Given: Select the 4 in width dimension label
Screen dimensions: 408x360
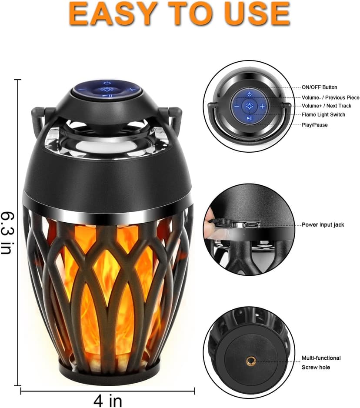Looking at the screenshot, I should pyautogui.click(x=108, y=400).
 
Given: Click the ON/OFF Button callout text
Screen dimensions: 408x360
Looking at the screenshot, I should pyautogui.click(x=320, y=87).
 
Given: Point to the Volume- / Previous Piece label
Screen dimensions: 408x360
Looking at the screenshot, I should pyautogui.click(x=330, y=97).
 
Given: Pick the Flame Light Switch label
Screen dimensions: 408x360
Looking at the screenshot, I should pyautogui.click(x=323, y=115).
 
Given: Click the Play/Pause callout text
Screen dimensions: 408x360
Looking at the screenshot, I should pyautogui.click(x=315, y=125).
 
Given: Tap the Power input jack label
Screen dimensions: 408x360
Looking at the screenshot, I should pyautogui.click(x=323, y=225).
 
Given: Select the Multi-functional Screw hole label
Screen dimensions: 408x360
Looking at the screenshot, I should pyautogui.click(x=321, y=363).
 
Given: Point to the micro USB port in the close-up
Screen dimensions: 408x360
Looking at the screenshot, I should pyautogui.click(x=250, y=224).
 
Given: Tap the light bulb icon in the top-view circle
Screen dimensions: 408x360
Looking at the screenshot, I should pyautogui.click(x=249, y=106).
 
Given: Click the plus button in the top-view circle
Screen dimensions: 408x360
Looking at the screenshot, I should pyautogui.click(x=262, y=106).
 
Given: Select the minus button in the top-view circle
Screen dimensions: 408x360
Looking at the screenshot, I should pyautogui.click(x=237, y=106).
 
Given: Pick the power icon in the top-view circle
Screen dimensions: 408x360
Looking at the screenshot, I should pyautogui.click(x=249, y=94).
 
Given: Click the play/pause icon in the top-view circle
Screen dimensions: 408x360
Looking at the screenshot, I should pyautogui.click(x=250, y=118).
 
